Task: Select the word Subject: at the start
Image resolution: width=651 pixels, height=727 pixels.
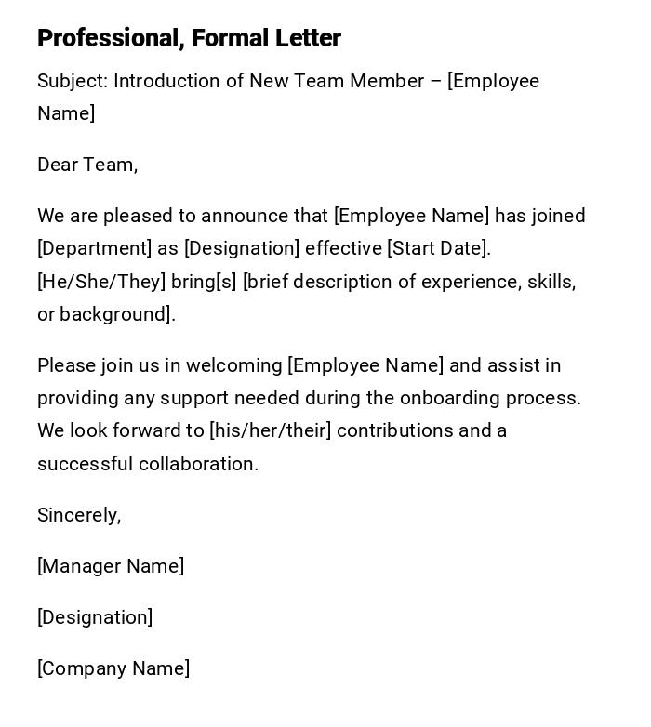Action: [x=73, y=81]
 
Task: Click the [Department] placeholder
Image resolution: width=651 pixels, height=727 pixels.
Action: [x=94, y=248]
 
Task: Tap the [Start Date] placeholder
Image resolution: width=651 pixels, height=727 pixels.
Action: [x=438, y=248]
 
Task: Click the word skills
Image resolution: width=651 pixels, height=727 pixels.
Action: [x=551, y=282]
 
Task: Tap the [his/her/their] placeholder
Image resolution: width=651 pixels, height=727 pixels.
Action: [x=270, y=430]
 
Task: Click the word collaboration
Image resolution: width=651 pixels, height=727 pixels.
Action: [x=198, y=464]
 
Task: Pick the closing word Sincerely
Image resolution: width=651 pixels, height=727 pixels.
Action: [x=79, y=515]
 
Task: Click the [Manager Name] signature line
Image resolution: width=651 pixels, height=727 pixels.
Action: [x=111, y=566]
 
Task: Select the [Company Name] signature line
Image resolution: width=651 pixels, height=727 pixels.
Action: [x=113, y=668]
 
